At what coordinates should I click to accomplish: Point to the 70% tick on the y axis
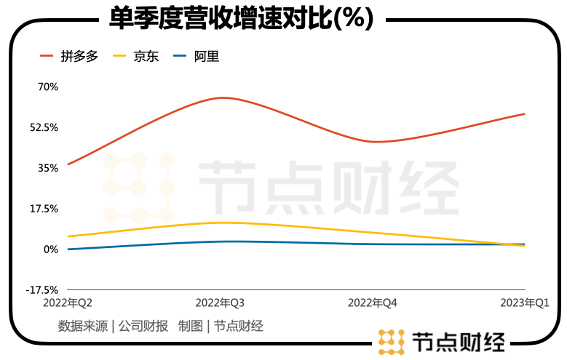(47, 87)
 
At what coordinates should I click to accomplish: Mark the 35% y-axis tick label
(47, 168)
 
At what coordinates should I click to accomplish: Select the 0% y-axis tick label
(50, 249)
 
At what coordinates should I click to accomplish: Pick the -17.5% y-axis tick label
(41, 289)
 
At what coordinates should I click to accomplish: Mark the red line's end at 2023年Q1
(523, 114)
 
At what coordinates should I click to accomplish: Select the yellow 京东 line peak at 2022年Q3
(222, 223)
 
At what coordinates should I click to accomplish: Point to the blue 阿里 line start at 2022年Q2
(68, 249)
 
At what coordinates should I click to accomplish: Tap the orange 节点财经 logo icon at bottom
(391, 341)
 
